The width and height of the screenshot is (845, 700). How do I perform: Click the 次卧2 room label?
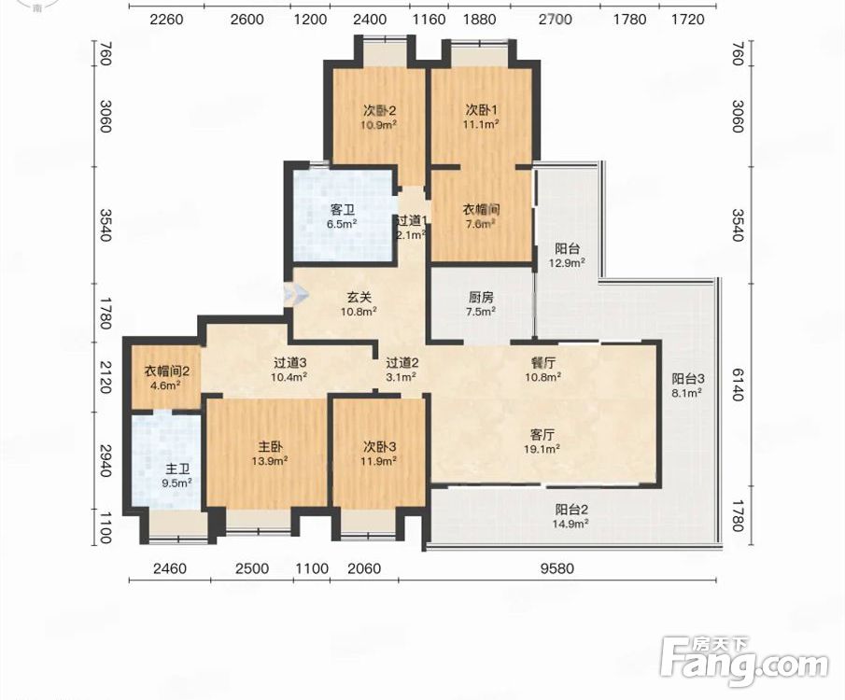[380, 110]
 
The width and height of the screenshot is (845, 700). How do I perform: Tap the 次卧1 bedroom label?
[482, 110]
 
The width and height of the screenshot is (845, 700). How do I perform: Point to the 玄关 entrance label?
[359, 297]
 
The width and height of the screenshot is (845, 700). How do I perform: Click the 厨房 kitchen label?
[481, 297]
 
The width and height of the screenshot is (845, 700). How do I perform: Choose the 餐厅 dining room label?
[543, 363]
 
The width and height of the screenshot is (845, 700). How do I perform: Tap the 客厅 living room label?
[542, 434]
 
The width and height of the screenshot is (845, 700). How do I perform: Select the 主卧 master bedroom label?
[270, 447]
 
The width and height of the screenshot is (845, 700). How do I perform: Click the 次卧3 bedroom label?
[379, 447]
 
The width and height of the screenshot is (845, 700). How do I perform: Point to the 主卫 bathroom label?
[177, 469]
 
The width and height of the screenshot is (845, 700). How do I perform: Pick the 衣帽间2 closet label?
[166, 371]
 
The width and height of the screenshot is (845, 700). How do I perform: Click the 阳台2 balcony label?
[571, 510]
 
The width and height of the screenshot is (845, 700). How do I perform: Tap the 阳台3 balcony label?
[688, 379]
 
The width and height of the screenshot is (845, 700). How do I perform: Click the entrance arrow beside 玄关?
[296, 295]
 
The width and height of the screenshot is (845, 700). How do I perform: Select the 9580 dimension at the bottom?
[557, 568]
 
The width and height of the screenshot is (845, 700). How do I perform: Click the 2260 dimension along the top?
[166, 20]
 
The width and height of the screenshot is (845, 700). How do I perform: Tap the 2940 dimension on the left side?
[106, 461]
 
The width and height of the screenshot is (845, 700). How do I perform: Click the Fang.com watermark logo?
[744, 662]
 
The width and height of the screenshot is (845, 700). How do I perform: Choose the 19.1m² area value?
[542, 448]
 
